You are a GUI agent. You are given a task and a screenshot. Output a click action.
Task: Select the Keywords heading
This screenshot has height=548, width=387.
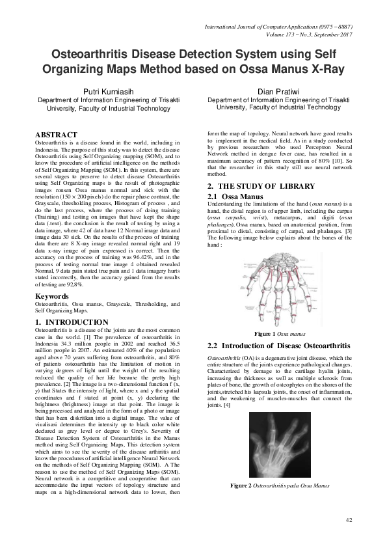[53, 296]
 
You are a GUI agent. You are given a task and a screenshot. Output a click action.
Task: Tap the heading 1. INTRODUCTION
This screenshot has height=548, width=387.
[72, 322]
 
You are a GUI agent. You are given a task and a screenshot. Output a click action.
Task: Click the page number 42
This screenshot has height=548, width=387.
[349, 519]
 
